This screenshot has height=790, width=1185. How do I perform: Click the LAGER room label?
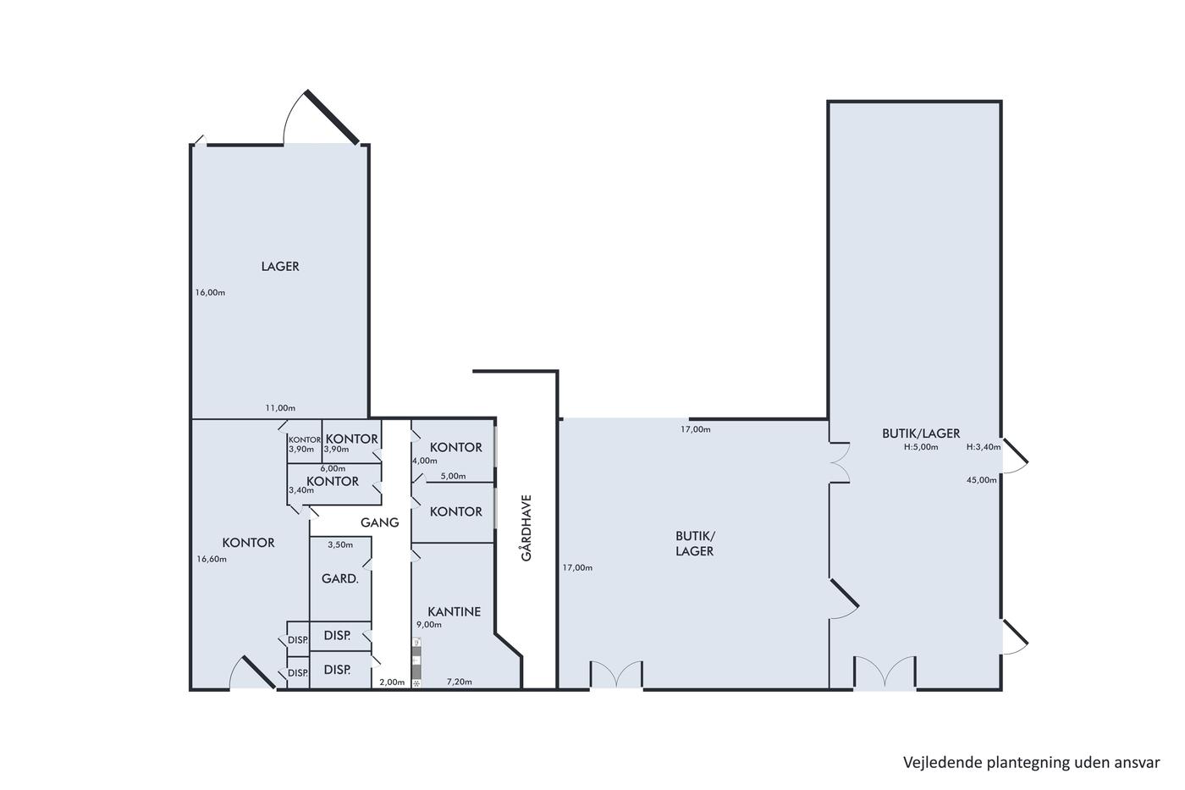[280, 266]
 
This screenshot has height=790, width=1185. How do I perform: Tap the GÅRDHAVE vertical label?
[526, 528]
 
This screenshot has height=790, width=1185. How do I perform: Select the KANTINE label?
[454, 611]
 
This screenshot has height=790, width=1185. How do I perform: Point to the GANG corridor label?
[379, 522]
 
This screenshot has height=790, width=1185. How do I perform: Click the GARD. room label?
[339, 579]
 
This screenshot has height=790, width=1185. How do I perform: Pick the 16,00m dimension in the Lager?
[210, 293]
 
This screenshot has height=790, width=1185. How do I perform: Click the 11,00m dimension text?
[280, 408]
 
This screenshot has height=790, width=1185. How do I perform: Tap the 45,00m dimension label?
[981, 480]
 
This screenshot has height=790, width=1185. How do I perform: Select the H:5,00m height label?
[921, 447]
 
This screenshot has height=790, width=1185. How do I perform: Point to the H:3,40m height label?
[984, 447]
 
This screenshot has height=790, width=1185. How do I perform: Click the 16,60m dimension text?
[212, 560]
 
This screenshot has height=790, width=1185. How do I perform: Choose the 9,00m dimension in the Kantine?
[428, 625]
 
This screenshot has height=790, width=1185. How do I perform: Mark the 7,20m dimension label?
[459, 682]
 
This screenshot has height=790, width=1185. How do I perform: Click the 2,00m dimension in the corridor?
[392, 682]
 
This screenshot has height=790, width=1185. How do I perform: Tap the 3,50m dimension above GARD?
[340, 545]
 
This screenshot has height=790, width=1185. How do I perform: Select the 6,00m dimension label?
[333, 469]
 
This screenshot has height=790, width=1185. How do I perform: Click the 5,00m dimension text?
[454, 476]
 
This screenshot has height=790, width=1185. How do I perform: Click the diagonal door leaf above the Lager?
[332, 117]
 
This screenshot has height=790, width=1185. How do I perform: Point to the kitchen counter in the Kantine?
[416, 662]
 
